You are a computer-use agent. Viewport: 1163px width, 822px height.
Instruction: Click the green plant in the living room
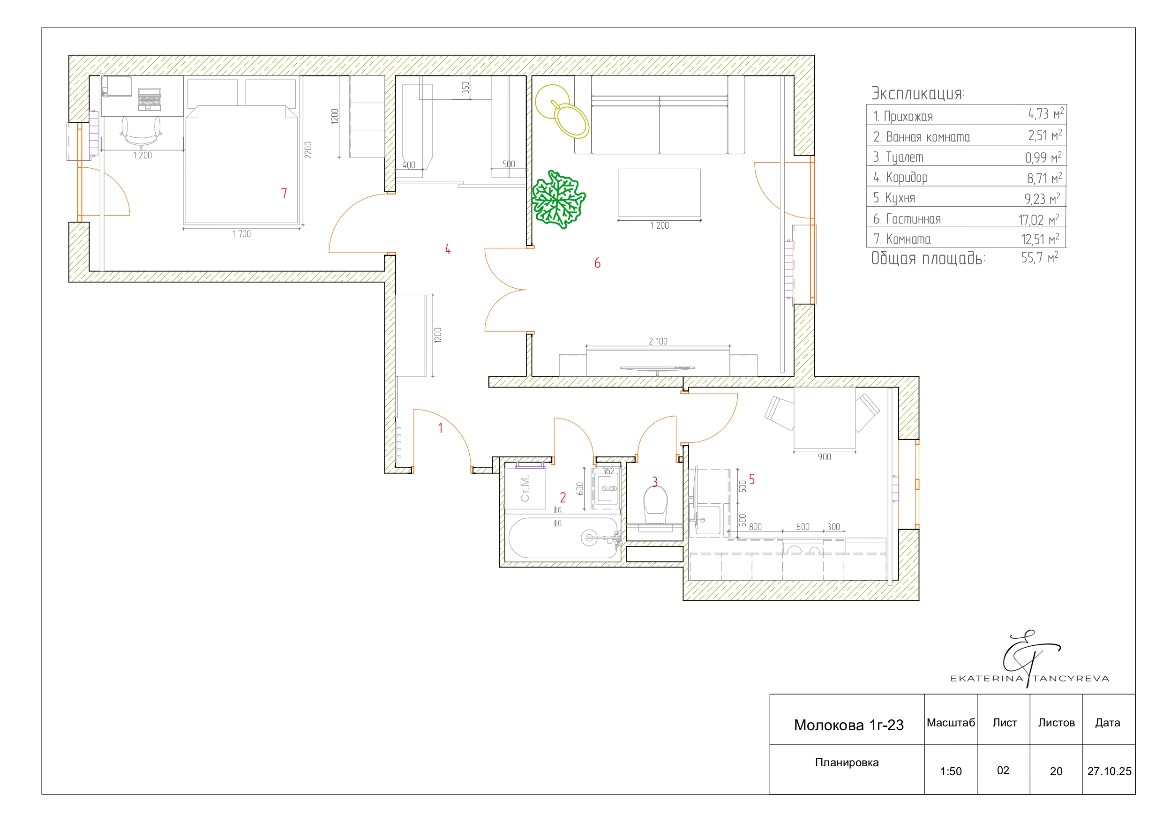[x=558, y=200]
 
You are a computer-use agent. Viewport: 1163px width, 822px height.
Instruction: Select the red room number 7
[x=284, y=193]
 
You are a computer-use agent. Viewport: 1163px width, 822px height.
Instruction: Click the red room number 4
[x=448, y=249]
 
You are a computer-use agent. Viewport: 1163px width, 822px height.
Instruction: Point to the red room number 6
[x=597, y=263]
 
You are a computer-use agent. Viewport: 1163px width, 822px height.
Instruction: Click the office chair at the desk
[x=141, y=132]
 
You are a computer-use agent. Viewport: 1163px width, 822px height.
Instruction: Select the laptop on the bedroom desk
[x=150, y=100]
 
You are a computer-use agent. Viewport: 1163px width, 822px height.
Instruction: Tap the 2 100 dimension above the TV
[x=658, y=341]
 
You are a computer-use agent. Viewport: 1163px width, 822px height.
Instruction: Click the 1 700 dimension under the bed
[x=241, y=234]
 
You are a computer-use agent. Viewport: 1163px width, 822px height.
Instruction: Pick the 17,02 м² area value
[x=1038, y=220]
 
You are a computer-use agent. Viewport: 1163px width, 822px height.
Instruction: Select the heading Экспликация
[x=918, y=93]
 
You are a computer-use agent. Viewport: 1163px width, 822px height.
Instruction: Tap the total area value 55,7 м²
[x=1039, y=258]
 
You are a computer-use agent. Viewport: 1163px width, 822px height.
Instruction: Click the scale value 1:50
[x=951, y=771]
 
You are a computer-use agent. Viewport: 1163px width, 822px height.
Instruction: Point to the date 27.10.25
[x=1109, y=771]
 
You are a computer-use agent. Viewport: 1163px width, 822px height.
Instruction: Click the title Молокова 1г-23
[x=849, y=725]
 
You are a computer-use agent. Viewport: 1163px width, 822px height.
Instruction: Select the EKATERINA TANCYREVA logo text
[x=1030, y=678]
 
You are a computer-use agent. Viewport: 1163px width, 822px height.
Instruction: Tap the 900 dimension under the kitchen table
[x=824, y=457]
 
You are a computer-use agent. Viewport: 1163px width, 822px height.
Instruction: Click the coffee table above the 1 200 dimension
[x=660, y=193]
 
